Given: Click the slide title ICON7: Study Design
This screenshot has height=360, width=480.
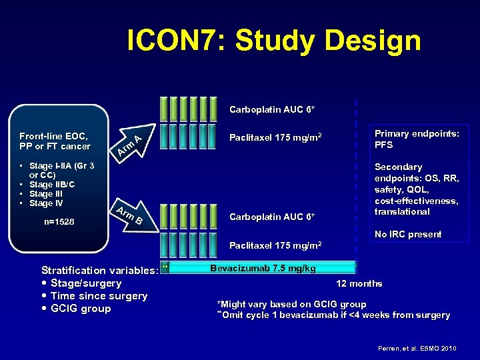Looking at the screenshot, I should [x=274, y=41].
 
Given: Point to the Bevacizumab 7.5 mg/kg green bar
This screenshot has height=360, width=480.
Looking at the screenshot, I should [x=263, y=268].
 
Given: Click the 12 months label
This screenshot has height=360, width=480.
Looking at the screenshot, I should [x=359, y=283].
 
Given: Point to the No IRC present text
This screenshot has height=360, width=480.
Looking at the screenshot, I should [x=408, y=234].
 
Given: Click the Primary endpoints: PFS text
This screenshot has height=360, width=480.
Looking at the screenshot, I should [x=416, y=139].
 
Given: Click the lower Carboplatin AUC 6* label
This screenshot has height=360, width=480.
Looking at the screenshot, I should [x=272, y=217].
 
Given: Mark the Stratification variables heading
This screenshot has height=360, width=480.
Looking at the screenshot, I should [x=99, y=270].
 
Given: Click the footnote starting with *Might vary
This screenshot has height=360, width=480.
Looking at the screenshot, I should [x=291, y=304].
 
